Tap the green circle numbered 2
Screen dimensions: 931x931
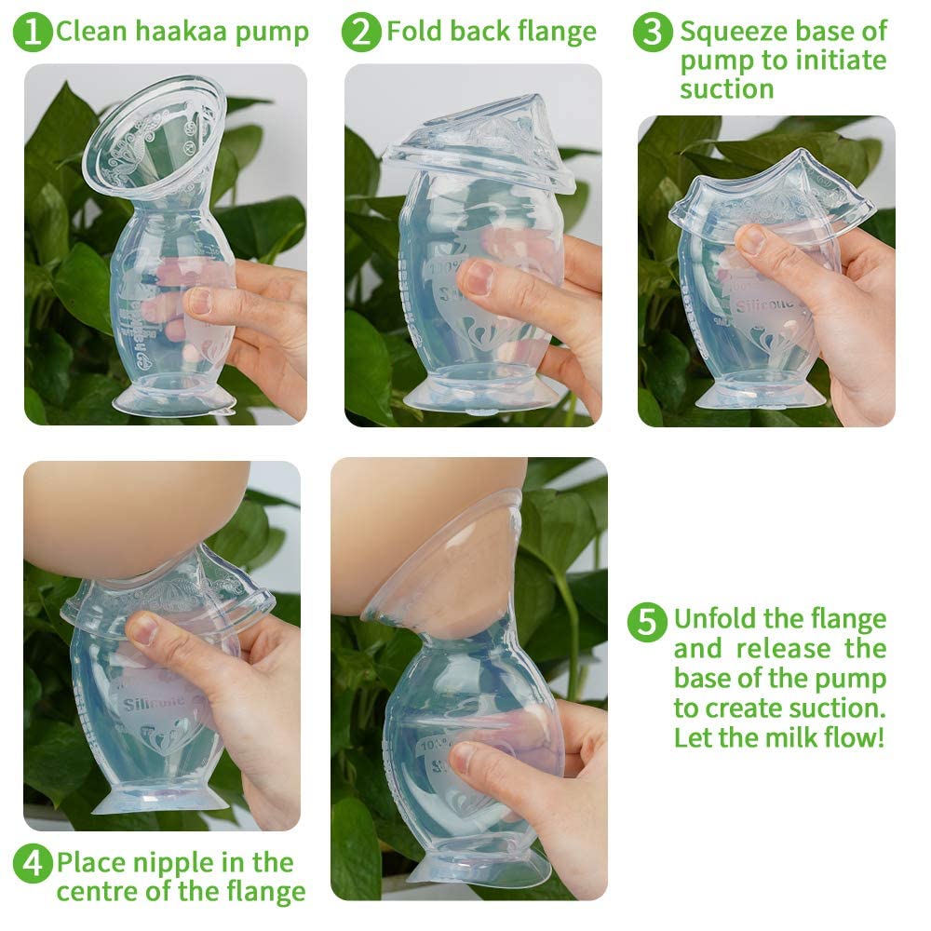coord(361,33)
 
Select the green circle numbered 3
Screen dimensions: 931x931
coord(654,33)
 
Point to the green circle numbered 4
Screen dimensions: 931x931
coord(33,864)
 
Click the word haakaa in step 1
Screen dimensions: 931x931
coord(164,33)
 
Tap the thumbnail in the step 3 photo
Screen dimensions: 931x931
coord(751,240)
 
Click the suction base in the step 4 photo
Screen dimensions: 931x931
coord(158,797)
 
